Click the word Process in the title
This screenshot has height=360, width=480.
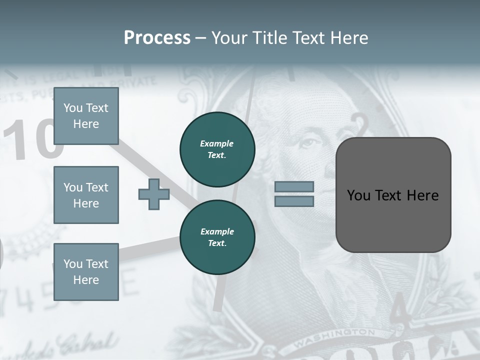157,38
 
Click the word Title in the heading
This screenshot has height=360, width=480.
269,38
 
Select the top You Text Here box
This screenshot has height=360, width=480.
86,116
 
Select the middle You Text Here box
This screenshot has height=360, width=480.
86,195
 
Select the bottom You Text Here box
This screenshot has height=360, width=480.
86,271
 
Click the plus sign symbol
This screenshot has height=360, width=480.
154,194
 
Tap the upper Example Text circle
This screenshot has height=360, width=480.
217,149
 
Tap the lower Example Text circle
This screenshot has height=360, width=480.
217,237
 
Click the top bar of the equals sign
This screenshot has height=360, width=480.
294,186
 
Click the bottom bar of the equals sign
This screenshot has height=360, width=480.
294,201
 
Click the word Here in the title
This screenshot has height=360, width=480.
349,38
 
